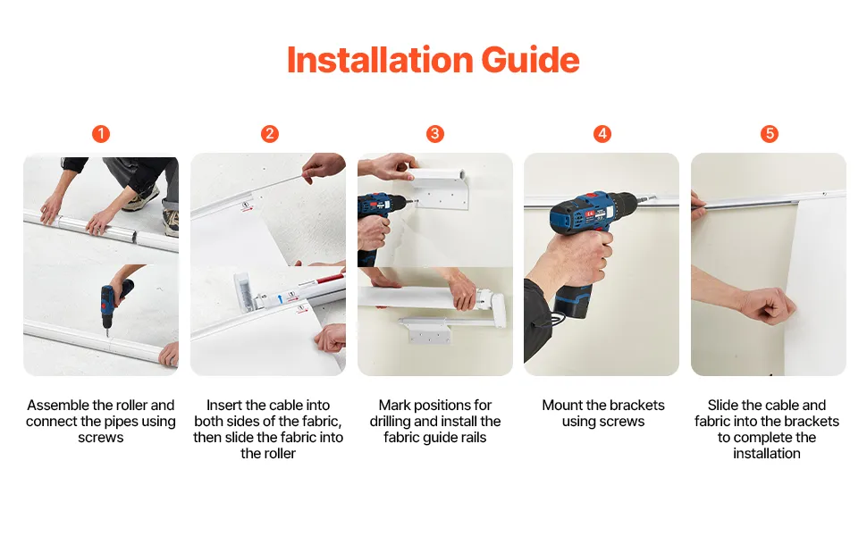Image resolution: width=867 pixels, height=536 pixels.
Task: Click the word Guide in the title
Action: (x=530, y=60)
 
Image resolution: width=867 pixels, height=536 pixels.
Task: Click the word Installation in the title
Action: (x=380, y=60)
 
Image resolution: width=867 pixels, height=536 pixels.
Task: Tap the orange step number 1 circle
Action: (x=101, y=134)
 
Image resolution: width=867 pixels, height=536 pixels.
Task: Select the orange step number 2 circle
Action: (x=269, y=134)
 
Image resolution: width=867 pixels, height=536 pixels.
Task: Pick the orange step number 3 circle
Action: (x=434, y=134)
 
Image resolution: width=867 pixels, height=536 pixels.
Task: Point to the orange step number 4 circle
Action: (x=602, y=134)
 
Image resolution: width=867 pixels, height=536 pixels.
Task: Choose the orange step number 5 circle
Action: (x=770, y=134)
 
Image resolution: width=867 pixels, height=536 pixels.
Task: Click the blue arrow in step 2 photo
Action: (x=281, y=298)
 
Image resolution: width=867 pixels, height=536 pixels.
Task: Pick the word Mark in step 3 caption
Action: (x=394, y=405)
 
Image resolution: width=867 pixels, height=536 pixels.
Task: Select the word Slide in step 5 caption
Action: (x=723, y=405)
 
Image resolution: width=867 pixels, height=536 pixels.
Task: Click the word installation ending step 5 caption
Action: (x=766, y=453)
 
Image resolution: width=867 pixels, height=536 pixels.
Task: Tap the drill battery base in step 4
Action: (x=574, y=303)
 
